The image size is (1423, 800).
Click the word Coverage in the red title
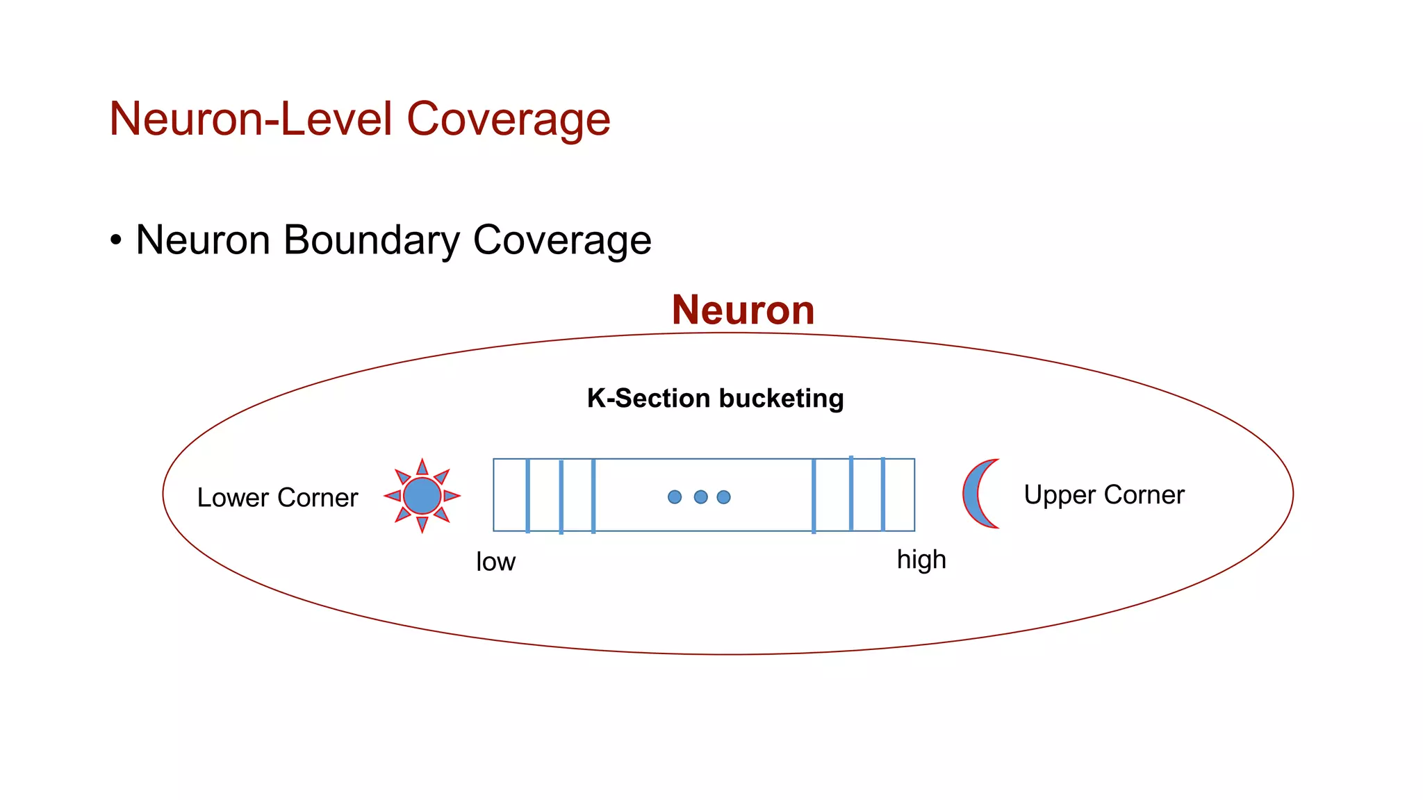click(508, 119)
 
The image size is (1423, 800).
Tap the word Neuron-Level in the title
click(252, 119)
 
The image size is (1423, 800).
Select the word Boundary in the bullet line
click(371, 240)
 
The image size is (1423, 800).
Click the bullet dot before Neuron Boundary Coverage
click(116, 241)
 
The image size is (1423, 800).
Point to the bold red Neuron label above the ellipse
click(743, 310)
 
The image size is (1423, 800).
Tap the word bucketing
click(781, 399)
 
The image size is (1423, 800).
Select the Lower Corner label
click(277, 498)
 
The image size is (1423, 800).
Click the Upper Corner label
click(1103, 495)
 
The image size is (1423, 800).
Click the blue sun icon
click(422, 496)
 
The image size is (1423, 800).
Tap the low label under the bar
click(495, 562)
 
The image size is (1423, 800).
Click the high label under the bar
click(921, 560)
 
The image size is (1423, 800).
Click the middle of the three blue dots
click(700, 497)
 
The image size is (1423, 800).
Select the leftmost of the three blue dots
click(674, 497)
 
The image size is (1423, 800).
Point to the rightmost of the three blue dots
click(723, 497)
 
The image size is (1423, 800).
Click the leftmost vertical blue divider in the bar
click(527, 495)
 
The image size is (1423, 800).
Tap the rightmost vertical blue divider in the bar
click(882, 494)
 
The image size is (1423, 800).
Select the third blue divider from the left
click(593, 495)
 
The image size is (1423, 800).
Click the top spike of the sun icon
click(422, 466)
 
